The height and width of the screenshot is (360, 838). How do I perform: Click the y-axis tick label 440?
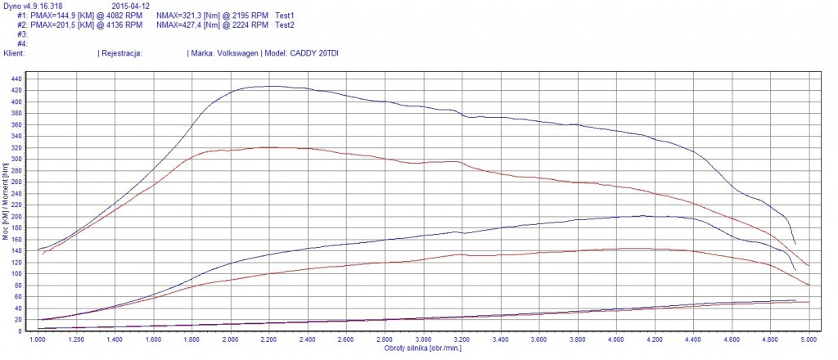tap(16, 79)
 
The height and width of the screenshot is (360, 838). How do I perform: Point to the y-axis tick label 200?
tap(16, 216)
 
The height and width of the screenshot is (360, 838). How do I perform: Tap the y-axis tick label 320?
tap(16, 147)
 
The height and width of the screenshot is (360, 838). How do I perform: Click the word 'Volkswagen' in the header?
tap(238, 53)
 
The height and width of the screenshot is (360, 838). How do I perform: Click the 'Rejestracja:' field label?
tap(121, 53)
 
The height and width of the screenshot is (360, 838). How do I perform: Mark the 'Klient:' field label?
tap(15, 53)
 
